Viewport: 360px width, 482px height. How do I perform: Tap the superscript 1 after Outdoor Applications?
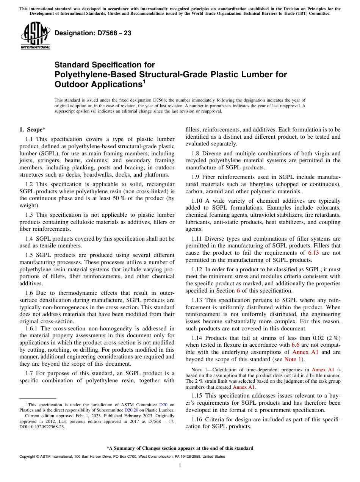pyautogui.click(x=144, y=81)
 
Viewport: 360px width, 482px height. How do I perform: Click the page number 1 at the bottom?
pyautogui.click(x=180, y=465)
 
